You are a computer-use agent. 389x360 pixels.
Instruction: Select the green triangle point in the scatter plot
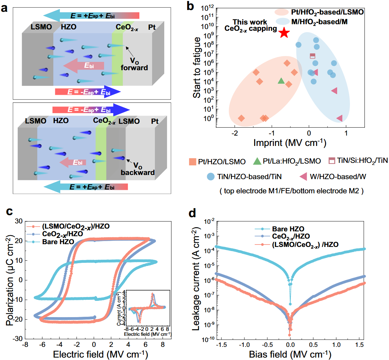point(281,81)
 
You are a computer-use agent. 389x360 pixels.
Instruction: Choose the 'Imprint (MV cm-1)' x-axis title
point(289,142)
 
